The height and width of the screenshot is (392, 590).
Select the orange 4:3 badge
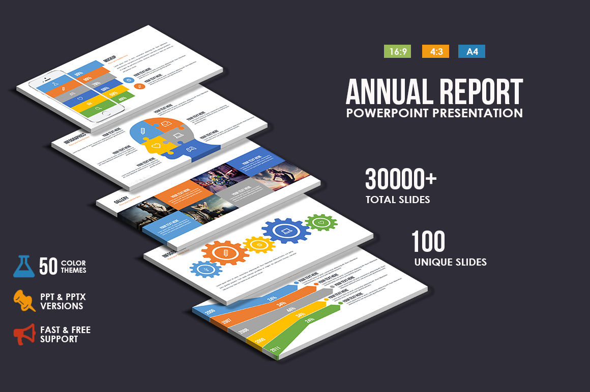click(435, 51)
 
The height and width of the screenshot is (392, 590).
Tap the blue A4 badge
click(471, 51)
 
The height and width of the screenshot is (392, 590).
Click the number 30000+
click(401, 180)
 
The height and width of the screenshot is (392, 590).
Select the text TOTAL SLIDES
click(398, 200)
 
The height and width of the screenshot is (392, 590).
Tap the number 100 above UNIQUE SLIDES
click(428, 242)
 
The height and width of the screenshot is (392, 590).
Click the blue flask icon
click(24, 266)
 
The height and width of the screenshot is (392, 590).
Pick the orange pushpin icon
click(24, 300)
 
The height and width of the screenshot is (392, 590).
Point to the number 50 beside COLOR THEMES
click(48, 267)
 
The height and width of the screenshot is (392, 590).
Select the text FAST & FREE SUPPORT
click(65, 334)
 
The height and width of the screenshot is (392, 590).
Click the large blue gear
click(286, 231)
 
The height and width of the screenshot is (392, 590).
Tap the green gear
click(321, 222)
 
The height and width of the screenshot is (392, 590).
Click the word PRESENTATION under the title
click(478, 112)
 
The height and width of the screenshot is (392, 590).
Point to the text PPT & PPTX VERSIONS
click(62, 301)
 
